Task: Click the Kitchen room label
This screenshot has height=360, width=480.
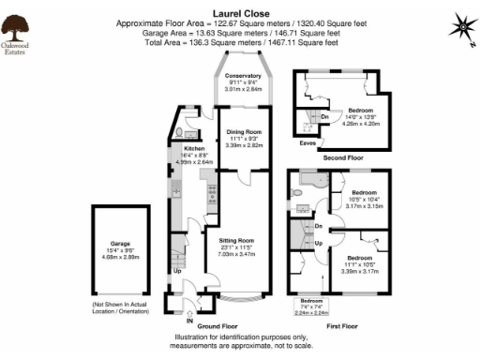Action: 194,149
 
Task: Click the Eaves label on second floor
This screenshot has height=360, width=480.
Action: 307,143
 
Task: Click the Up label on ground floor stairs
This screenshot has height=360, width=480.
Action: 178,272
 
